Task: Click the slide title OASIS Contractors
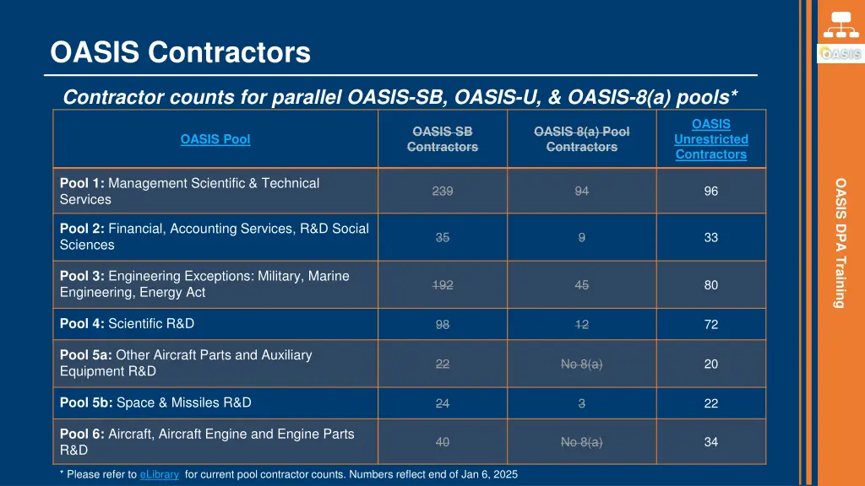click(x=180, y=53)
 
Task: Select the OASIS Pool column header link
click(x=215, y=139)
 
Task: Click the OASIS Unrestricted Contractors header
click(x=710, y=139)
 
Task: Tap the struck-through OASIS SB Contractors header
click(x=442, y=139)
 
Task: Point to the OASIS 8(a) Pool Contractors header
click(x=581, y=139)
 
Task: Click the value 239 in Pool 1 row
click(x=442, y=191)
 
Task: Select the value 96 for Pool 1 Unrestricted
click(x=710, y=191)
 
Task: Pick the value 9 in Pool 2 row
click(x=581, y=237)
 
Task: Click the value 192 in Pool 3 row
click(x=442, y=285)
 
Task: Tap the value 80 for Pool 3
click(x=710, y=285)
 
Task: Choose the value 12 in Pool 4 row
click(x=581, y=324)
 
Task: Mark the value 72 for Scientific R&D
click(x=710, y=324)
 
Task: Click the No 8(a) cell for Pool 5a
click(x=581, y=364)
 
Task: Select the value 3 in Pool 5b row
click(x=581, y=403)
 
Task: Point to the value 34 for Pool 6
click(x=710, y=442)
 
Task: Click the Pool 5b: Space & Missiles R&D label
click(x=155, y=402)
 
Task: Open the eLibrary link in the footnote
click(x=159, y=474)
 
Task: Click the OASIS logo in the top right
click(x=840, y=54)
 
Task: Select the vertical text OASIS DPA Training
click(x=840, y=243)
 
